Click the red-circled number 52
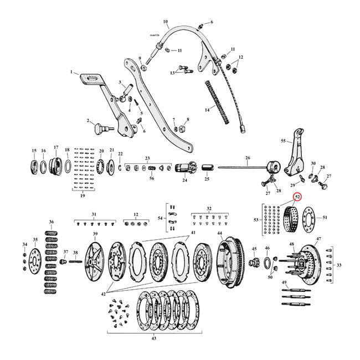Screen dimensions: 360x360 [297, 196]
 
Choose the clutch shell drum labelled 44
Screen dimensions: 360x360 [229, 260]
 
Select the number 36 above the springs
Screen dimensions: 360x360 [51, 222]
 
